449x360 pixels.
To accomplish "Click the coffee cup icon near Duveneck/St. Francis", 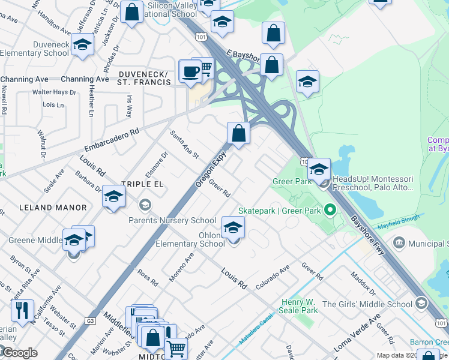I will pyautogui.click(x=190, y=71).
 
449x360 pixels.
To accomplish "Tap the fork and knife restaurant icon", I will pyautogui.click(x=22, y=311).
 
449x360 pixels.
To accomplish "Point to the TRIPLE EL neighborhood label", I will pyautogui.click(x=142, y=184).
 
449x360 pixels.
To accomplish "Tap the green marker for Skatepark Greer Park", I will pyautogui.click(x=329, y=211).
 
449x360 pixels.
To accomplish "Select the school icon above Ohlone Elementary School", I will pyautogui.click(x=233, y=227).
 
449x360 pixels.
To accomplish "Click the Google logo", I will pyautogui.click(x=19, y=353).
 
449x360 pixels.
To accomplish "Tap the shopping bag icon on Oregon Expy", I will pyautogui.click(x=239, y=134).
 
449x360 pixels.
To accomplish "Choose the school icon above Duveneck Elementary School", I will pyautogui.click(x=83, y=44).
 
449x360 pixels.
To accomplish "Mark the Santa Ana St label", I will pyautogui.click(x=184, y=144).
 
